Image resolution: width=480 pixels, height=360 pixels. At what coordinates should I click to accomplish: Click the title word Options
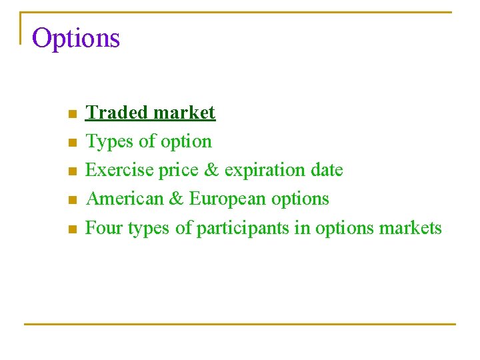click(x=76, y=39)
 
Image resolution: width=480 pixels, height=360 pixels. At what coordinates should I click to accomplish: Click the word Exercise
click(x=120, y=170)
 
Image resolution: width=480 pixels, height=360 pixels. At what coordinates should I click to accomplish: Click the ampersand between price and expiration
click(x=211, y=170)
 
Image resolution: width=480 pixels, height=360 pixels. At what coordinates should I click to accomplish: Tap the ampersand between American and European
click(x=177, y=199)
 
